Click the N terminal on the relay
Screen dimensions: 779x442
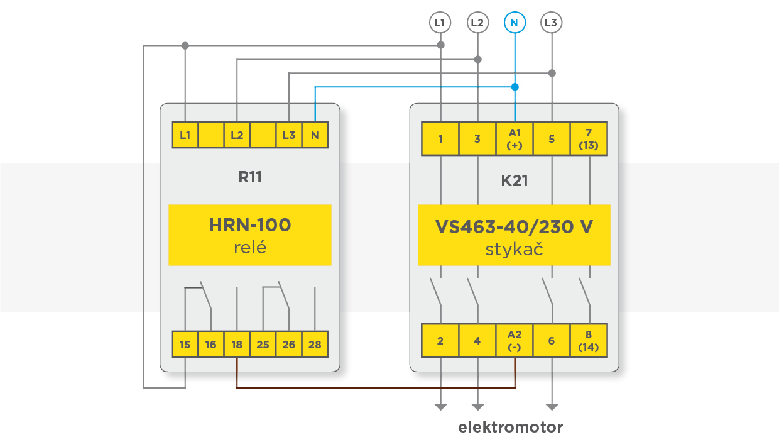coord(315,135)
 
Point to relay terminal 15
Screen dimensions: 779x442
coord(185,344)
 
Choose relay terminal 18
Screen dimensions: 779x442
coord(237,344)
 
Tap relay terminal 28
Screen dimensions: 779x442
coord(315,344)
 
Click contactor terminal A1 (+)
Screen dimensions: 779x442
coord(515,138)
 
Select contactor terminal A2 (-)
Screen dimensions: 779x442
coord(515,340)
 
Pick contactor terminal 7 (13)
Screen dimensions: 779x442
coord(589,138)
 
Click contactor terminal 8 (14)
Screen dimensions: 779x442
coord(589,340)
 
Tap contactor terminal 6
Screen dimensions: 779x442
coord(552,340)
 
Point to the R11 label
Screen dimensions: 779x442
coord(250,177)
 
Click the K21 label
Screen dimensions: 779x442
coord(515,180)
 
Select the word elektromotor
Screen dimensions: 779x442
coord(511,428)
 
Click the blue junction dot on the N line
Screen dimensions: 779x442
coord(515,87)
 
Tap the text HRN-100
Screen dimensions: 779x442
coord(250,225)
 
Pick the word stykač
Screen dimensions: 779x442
coord(514,249)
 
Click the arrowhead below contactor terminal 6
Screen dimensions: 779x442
coord(552,407)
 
